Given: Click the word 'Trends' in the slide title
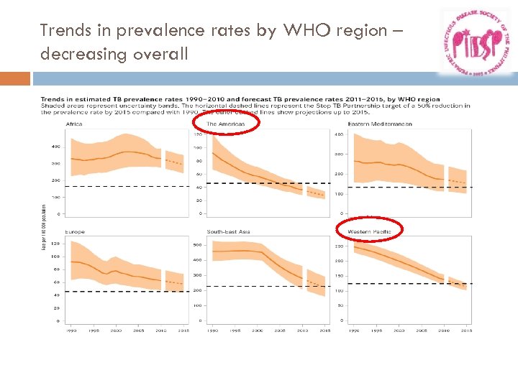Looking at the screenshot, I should click(x=64, y=30).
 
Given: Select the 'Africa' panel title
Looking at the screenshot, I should click(x=74, y=124).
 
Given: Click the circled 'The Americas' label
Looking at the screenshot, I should click(x=226, y=124).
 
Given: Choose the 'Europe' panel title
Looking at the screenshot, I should click(x=76, y=232).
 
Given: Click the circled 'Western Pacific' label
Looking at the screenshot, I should click(x=369, y=231).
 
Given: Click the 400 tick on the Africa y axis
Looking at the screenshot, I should click(x=55, y=147).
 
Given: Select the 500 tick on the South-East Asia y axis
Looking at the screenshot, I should click(x=197, y=244).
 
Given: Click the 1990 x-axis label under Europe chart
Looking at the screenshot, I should click(x=71, y=331).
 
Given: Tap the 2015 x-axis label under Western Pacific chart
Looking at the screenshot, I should click(x=466, y=331).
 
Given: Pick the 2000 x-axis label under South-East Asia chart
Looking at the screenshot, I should click(x=258, y=331).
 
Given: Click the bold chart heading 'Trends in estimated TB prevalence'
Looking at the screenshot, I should click(x=129, y=99).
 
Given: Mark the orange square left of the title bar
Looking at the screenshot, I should click(x=15, y=78).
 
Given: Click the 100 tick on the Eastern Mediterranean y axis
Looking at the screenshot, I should click(x=339, y=194).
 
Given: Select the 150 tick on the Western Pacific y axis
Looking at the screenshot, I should click(x=339, y=276).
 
